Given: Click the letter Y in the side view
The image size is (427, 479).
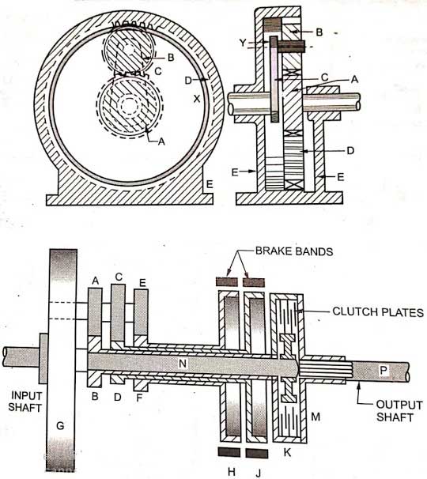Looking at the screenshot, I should coord(251,43).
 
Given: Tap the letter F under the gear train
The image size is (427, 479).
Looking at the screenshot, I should coord(142,398).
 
